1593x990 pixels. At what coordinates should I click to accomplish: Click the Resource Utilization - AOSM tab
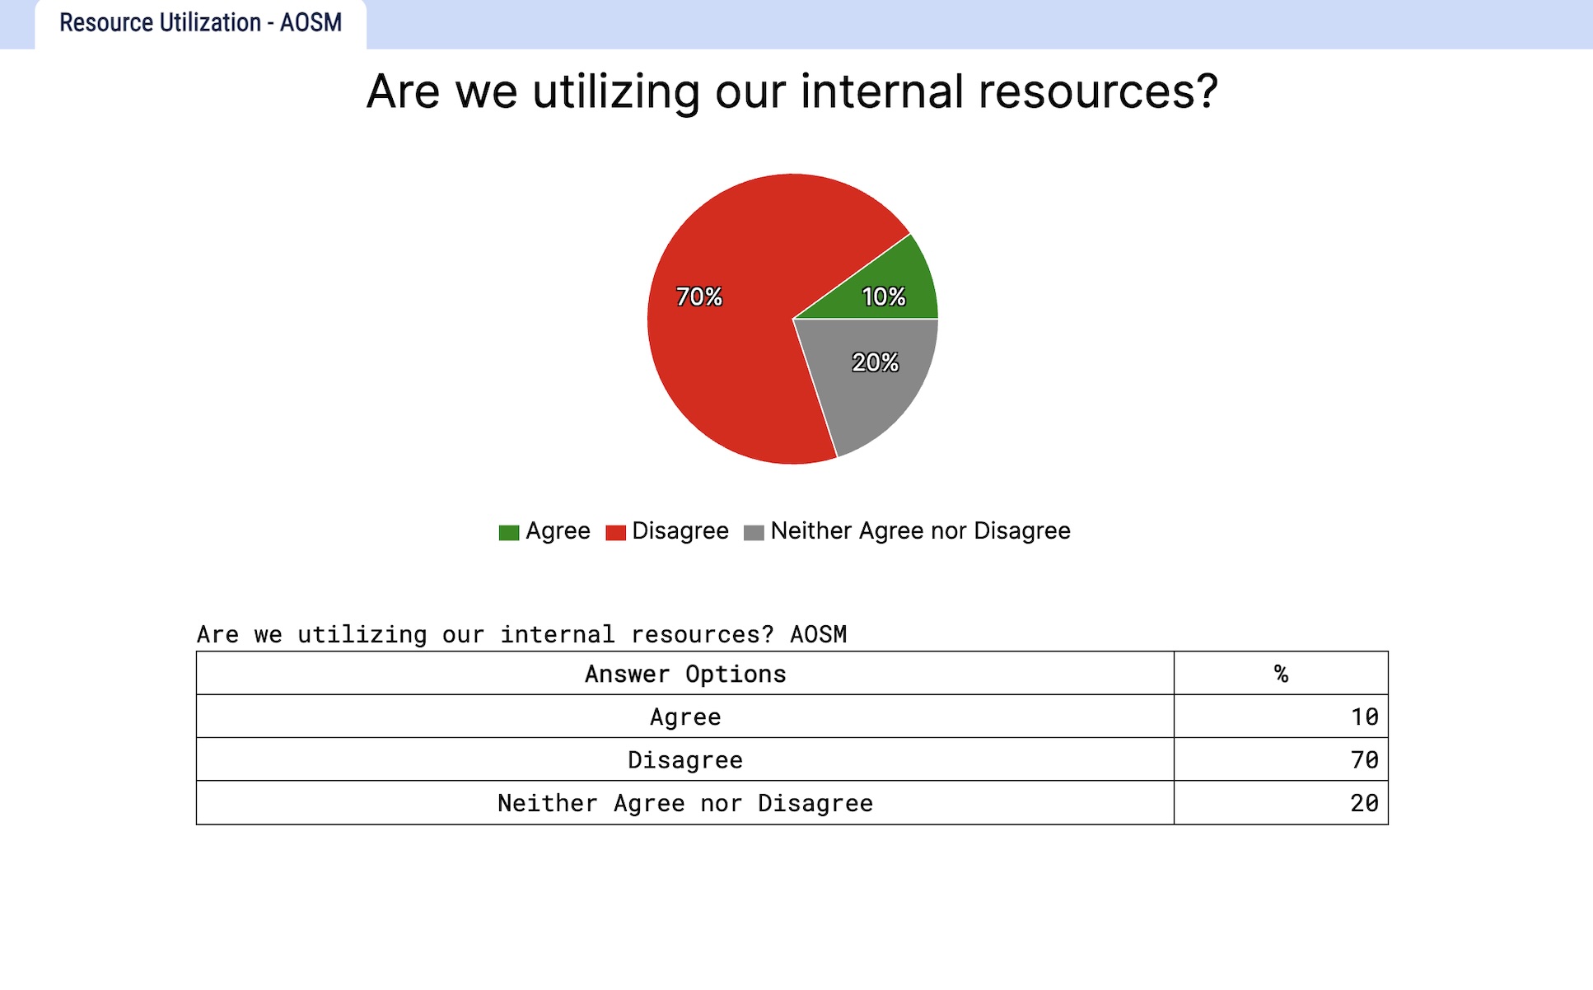click(200, 23)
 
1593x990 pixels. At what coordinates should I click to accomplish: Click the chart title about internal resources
click(792, 91)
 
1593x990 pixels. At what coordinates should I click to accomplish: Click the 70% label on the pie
click(699, 297)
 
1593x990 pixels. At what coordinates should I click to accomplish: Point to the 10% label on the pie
click(884, 297)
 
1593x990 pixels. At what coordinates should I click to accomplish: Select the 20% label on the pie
click(875, 362)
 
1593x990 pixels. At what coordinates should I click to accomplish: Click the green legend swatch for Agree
click(509, 533)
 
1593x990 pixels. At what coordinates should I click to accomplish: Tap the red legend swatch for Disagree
click(615, 533)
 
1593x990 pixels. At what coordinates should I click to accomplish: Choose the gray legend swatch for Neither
click(754, 533)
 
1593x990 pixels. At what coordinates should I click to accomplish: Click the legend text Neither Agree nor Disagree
click(920, 531)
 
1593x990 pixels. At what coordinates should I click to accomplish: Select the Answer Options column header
click(685, 674)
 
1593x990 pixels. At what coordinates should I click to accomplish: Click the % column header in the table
click(1281, 674)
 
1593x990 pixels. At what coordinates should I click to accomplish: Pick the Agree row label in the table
click(685, 717)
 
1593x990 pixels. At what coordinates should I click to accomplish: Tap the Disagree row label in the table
click(685, 759)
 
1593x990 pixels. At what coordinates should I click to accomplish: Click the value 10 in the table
click(1364, 717)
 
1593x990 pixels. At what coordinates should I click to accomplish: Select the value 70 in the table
click(1364, 759)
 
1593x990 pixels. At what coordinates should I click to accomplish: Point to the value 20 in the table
click(1364, 803)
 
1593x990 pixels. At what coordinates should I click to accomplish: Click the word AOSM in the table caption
click(818, 634)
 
